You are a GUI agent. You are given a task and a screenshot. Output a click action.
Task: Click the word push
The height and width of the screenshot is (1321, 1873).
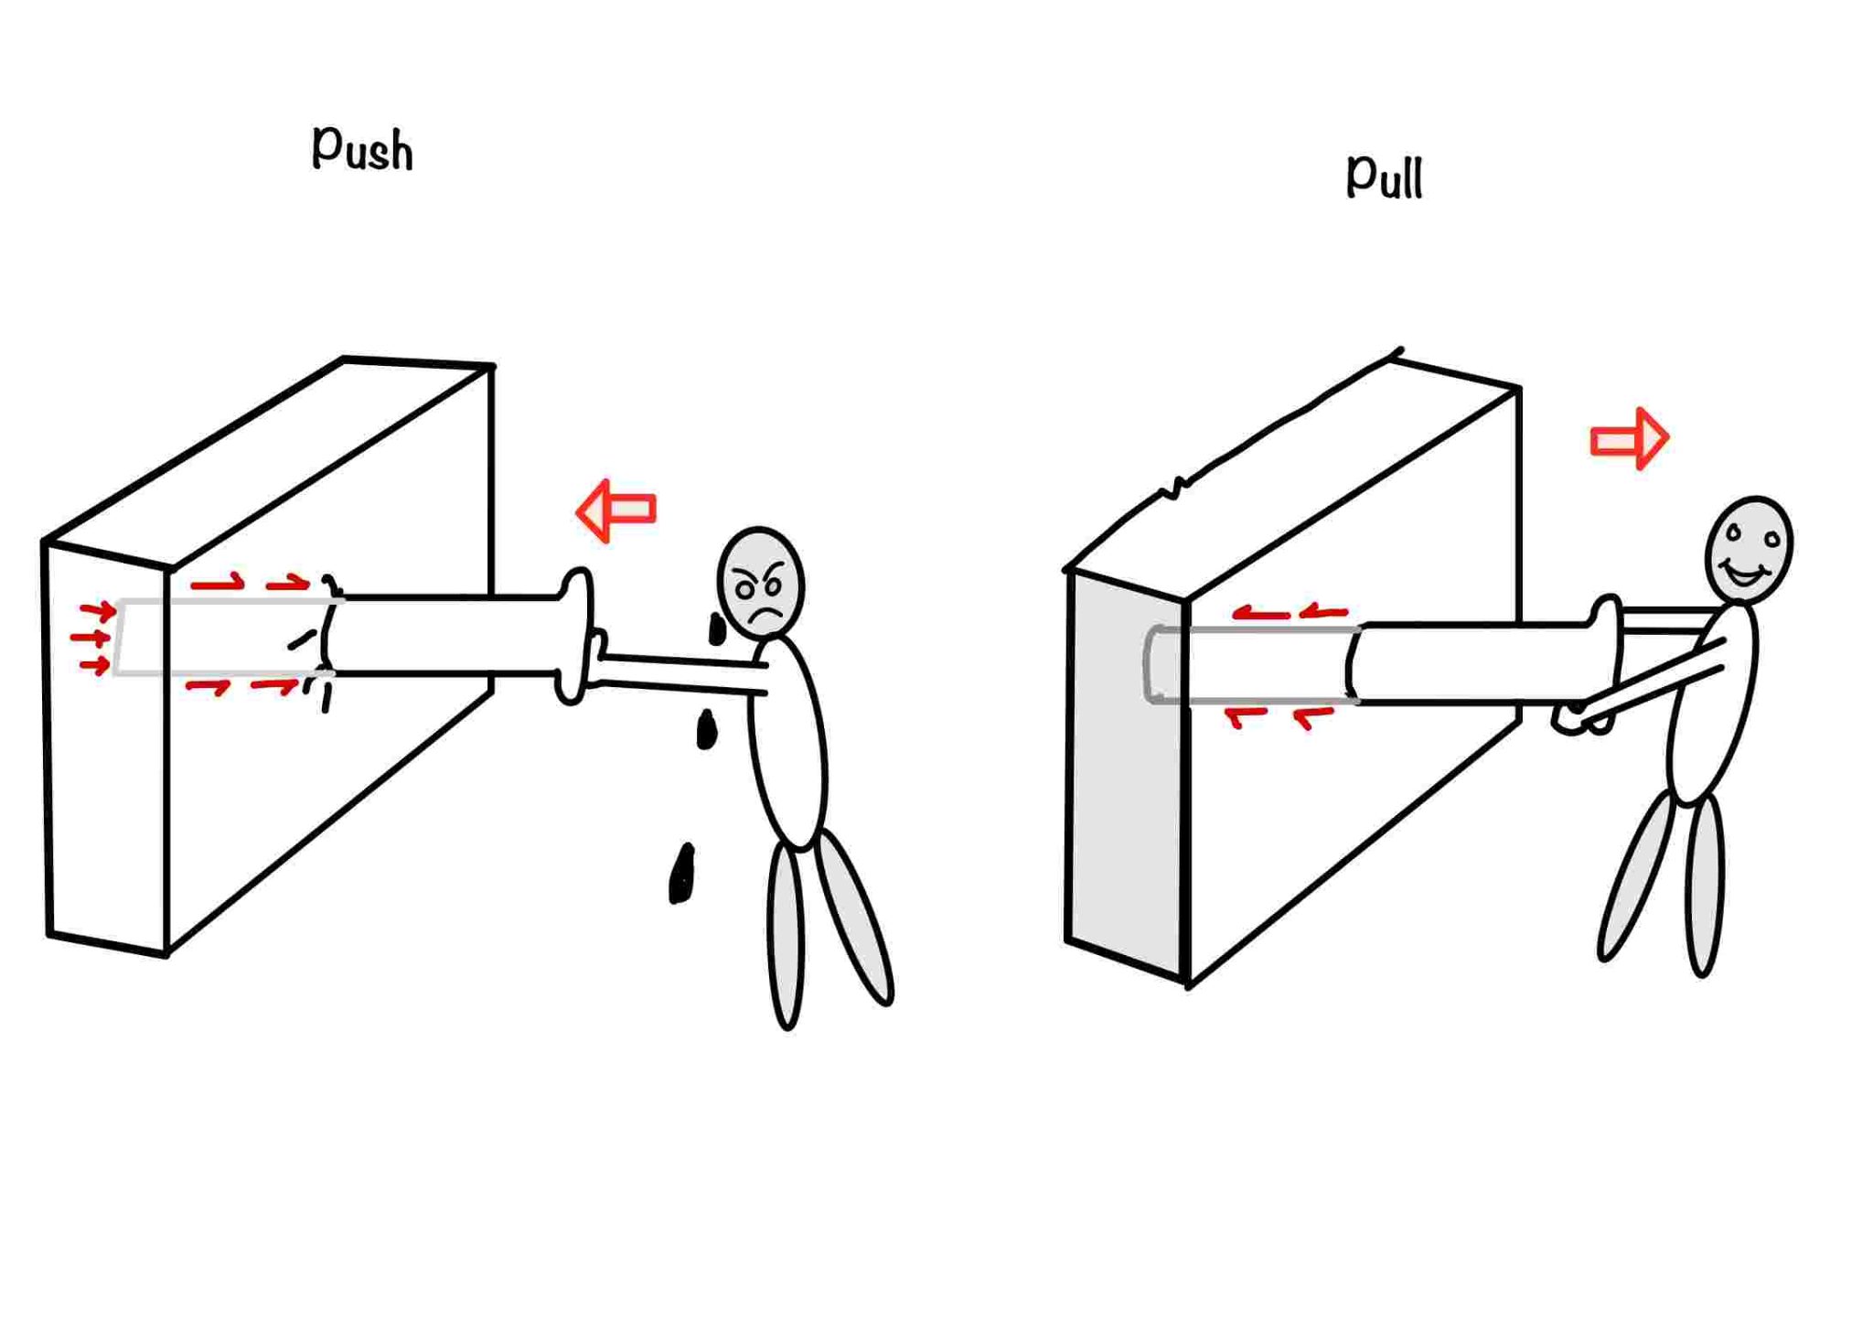click(362, 148)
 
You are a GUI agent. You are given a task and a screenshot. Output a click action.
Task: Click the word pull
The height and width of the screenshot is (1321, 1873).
click(1384, 175)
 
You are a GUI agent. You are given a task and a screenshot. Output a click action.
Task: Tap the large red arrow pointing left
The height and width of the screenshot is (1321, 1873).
click(616, 510)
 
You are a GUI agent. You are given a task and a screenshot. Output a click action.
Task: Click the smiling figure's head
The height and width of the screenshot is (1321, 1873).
click(1749, 549)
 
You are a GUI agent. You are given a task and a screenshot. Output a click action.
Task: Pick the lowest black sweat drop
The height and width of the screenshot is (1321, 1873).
click(681, 875)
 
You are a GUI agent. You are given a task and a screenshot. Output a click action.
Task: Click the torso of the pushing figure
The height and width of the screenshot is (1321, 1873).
click(787, 741)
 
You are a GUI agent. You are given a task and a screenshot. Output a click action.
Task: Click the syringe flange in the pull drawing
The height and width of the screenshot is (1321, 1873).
click(1606, 659)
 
